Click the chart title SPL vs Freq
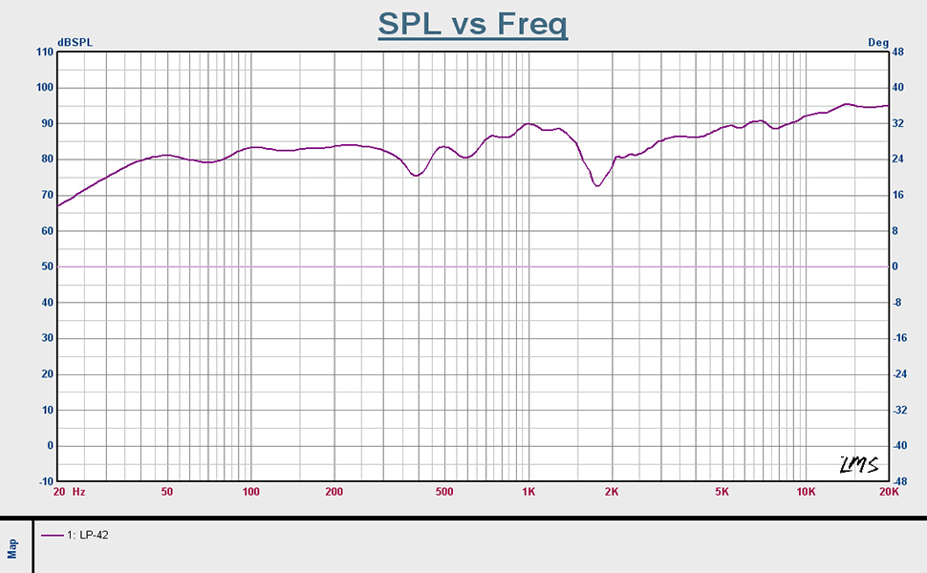point(472,23)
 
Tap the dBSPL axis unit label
point(75,43)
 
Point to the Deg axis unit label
point(877,43)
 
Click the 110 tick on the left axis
point(43,52)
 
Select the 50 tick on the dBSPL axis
point(46,266)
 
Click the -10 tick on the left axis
point(43,481)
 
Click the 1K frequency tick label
point(528,493)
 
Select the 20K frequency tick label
point(888,493)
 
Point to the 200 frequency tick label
point(334,493)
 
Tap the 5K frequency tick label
point(722,493)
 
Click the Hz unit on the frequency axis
point(79,493)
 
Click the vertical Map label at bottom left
point(13,547)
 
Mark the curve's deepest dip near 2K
point(597,185)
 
